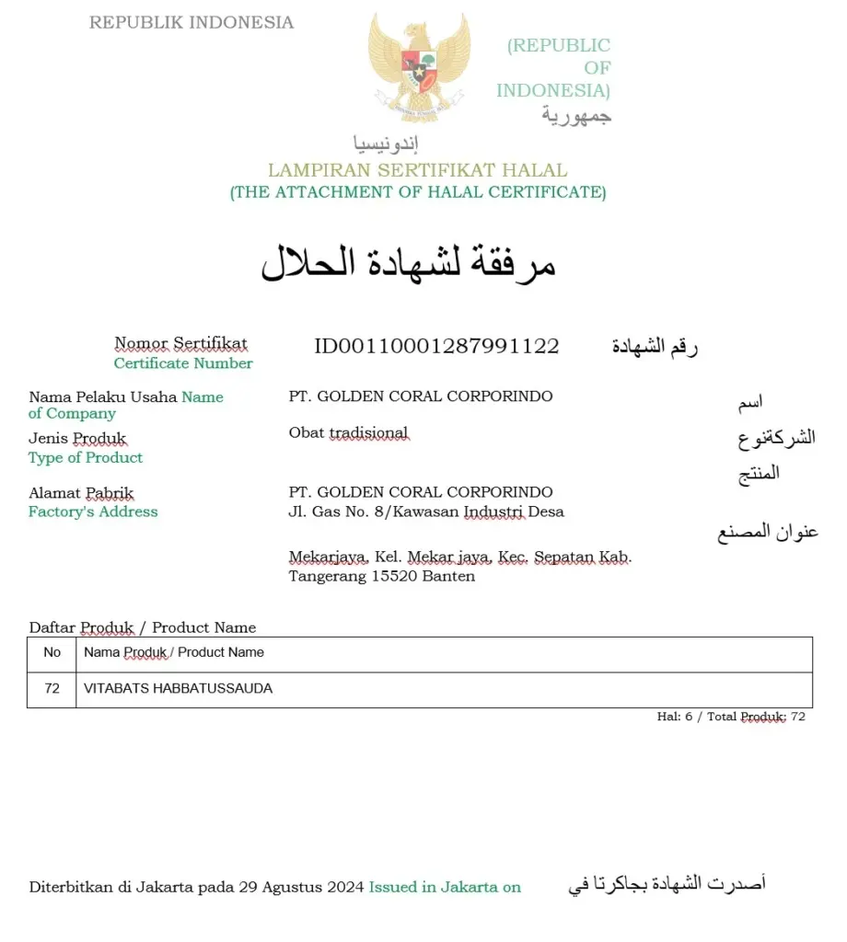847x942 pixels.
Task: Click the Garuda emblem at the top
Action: click(419, 66)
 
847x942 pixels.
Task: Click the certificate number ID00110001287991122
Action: click(436, 346)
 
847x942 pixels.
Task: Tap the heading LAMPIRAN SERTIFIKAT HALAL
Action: click(417, 170)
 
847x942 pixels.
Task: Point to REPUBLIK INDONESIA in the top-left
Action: click(191, 23)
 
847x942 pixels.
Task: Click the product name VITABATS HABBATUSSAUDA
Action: click(178, 688)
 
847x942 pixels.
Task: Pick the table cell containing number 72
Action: click(52, 688)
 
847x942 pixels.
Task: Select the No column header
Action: click(52, 652)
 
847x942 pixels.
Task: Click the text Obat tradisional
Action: click(348, 433)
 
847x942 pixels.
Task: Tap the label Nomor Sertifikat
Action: click(180, 343)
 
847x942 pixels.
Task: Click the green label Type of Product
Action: click(86, 457)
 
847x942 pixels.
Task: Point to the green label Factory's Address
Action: click(93, 511)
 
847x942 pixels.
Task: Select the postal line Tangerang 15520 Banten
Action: click(381, 577)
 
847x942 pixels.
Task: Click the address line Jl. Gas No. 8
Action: click(426, 511)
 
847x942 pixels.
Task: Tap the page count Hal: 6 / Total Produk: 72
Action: click(731, 717)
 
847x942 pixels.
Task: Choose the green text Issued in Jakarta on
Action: click(445, 888)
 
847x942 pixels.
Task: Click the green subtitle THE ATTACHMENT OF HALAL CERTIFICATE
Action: click(418, 192)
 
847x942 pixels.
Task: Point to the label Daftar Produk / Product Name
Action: click(143, 627)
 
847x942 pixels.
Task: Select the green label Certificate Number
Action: click(183, 363)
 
